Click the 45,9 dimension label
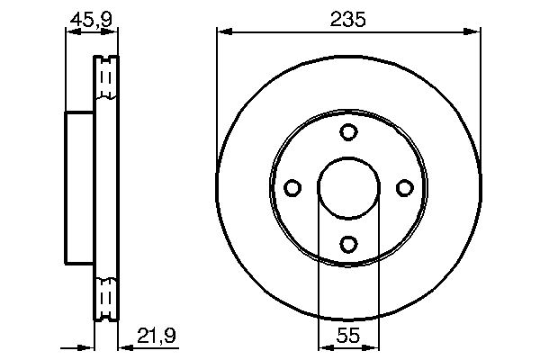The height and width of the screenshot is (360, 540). pyautogui.click(x=91, y=17)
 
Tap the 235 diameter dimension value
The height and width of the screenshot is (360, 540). pyautogui.click(x=348, y=17)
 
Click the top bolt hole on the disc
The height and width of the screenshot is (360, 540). pyautogui.click(x=348, y=131)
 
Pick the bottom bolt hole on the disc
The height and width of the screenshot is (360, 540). pyautogui.click(x=348, y=243)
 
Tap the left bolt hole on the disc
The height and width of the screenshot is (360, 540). pyautogui.click(x=292, y=187)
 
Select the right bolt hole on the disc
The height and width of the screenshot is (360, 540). pyautogui.click(x=404, y=187)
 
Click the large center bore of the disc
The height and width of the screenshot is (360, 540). pyautogui.click(x=348, y=187)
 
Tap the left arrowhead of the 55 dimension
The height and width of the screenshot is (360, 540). pyautogui.click(x=324, y=346)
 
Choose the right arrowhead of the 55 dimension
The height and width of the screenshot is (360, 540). pyautogui.click(x=373, y=346)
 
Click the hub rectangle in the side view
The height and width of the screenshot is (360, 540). pyautogui.click(x=80, y=187)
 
